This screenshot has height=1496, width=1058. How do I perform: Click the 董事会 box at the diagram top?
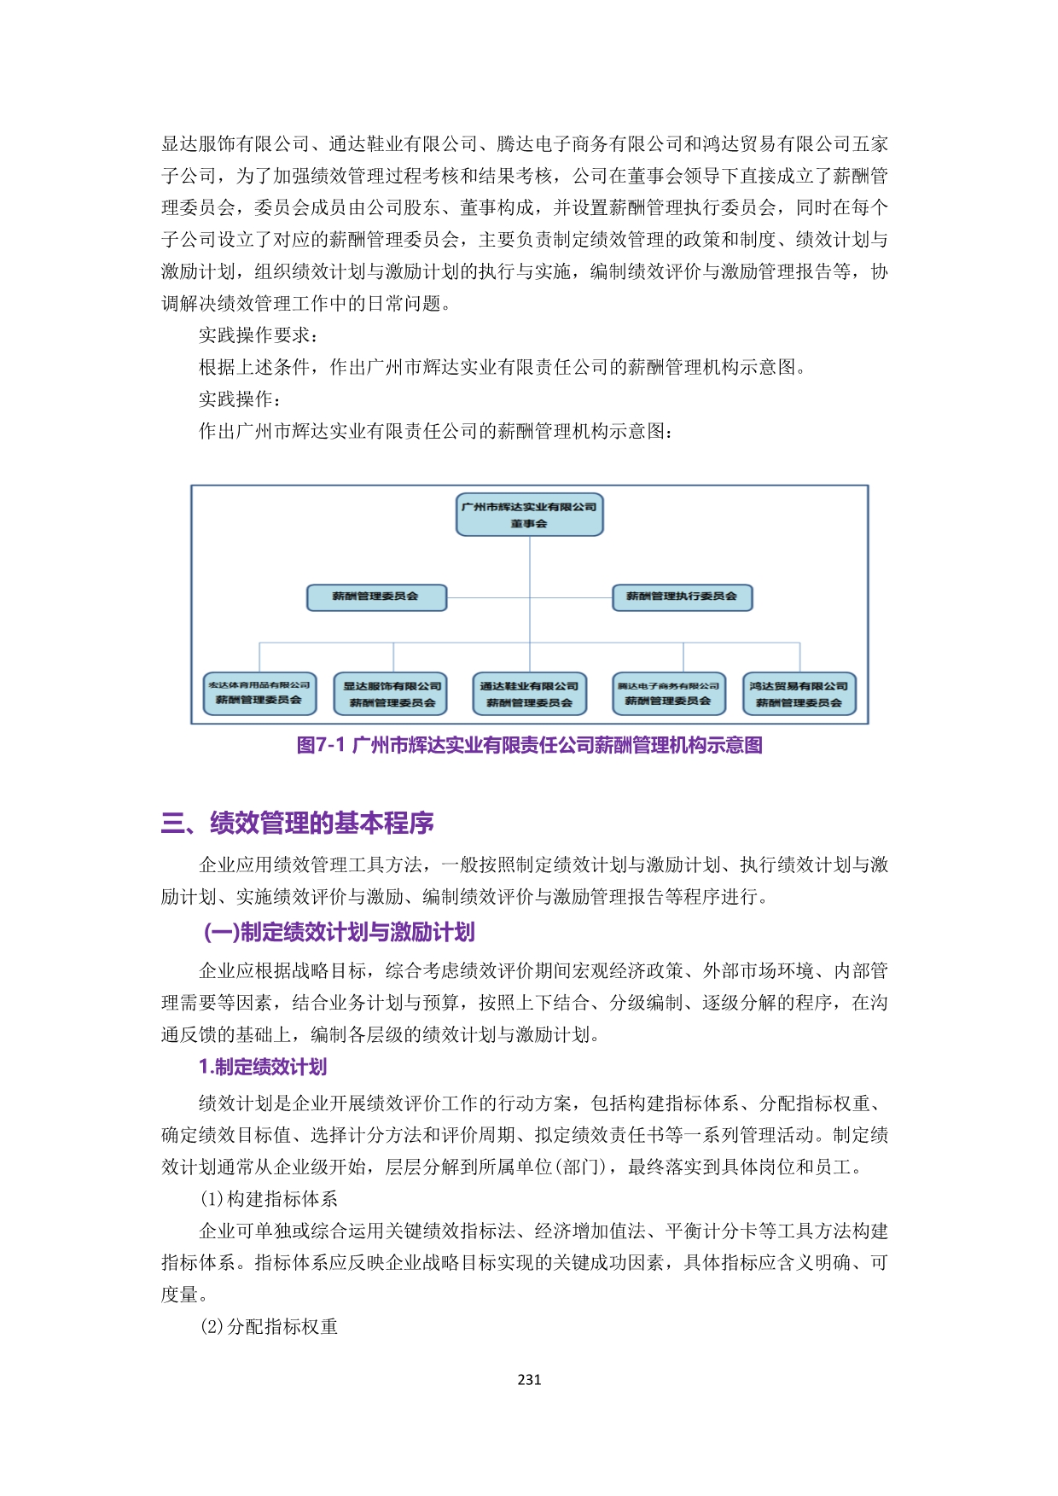[529, 515]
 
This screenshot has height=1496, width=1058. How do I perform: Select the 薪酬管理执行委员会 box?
[682, 597]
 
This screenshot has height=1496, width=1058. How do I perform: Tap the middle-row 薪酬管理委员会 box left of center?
[376, 597]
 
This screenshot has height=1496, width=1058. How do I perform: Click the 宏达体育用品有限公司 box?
[259, 693]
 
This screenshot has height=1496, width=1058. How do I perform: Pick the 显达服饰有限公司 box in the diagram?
[392, 694]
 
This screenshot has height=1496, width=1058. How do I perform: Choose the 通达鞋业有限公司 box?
[529, 694]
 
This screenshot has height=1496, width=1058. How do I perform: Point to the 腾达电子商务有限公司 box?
[668, 693]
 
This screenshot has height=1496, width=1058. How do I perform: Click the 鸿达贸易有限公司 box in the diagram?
[799, 694]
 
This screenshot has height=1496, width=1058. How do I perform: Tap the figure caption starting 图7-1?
[529, 745]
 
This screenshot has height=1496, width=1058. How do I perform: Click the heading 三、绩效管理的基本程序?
[298, 823]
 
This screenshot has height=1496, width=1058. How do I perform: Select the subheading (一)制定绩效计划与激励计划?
[339, 932]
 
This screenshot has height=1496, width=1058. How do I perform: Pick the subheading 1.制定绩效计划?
[263, 1067]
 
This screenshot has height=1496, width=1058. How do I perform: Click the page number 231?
[529, 1379]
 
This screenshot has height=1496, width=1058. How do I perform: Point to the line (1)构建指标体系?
[269, 1199]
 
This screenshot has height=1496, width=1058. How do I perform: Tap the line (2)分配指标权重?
[269, 1326]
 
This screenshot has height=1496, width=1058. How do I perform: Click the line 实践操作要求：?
[259, 335]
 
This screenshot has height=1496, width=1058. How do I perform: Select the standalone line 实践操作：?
[241, 399]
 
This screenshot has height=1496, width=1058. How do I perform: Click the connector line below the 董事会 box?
[530, 563]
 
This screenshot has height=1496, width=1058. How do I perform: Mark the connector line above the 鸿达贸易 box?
[799, 657]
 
